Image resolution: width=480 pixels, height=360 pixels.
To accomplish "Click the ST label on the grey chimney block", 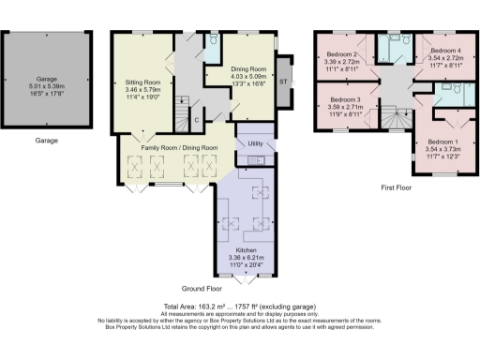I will tap(284, 82).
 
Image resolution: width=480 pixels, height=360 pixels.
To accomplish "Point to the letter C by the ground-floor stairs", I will tap(195, 120).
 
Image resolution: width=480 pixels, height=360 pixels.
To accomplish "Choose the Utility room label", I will tap(254, 143).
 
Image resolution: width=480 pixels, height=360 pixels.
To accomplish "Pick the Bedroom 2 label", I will tap(343, 54).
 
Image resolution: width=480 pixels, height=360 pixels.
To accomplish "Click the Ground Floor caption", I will tap(201, 291).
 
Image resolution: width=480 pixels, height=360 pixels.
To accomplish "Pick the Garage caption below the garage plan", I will tap(47, 140).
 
